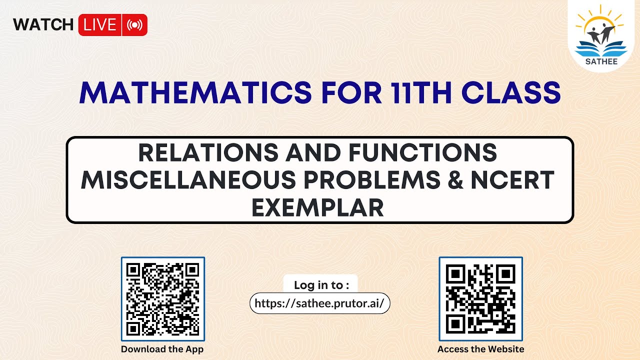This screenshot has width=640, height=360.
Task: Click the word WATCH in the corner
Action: [43, 25]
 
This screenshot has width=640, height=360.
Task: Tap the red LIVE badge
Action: [100, 25]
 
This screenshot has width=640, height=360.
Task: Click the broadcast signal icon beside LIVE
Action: [134, 25]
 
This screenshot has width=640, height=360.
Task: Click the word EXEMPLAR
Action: [319, 207]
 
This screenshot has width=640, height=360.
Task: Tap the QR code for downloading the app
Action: [163, 299]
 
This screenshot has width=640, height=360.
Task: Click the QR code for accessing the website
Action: [480, 299]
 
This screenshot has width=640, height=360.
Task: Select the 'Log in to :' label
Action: [320, 285]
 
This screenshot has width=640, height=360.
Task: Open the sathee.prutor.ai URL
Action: [319, 303]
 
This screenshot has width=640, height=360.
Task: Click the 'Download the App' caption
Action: [162, 349]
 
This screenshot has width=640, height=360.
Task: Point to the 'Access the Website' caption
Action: [480, 349]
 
